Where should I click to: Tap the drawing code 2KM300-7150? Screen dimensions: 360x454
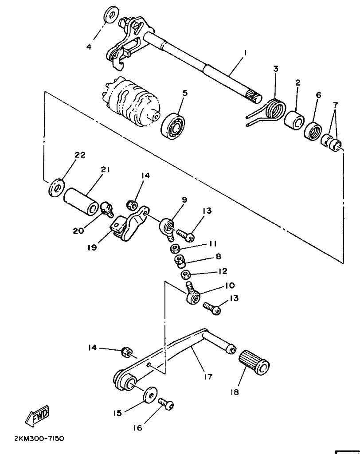39,438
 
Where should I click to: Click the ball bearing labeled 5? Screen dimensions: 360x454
173,127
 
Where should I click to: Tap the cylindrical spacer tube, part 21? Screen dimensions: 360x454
81,202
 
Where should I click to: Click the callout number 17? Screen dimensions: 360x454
208,376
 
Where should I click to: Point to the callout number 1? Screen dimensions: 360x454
245,53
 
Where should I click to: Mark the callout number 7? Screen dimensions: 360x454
335,104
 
